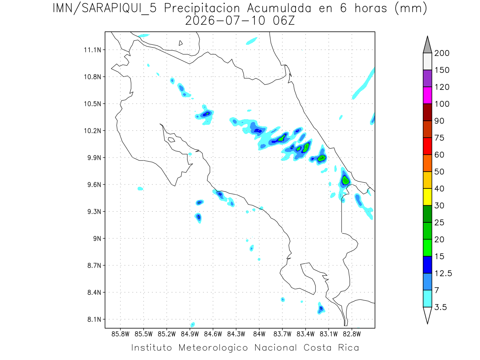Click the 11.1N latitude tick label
pyautogui.click(x=92, y=50)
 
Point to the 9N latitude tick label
pyautogui.click(x=97, y=238)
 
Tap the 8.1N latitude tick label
pyautogui.click(x=94, y=320)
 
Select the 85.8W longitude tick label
pyautogui.click(x=120, y=334)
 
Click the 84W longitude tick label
pyautogui.click(x=259, y=334)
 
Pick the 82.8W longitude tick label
pyautogui.click(x=352, y=334)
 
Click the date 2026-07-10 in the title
pyautogui.click(x=225, y=21)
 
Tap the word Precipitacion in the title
pyautogui.click(x=202, y=9)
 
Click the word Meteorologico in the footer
pyautogui.click(x=213, y=348)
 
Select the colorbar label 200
pyautogui.click(x=442, y=53)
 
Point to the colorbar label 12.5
pyautogui.click(x=443, y=274)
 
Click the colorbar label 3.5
pyautogui.click(x=440, y=307)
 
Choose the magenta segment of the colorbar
pyautogui.click(x=427, y=95)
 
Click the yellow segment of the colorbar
pyautogui.click(x=427, y=197)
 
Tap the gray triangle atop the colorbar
pyautogui.click(x=427, y=44)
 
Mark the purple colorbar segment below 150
pyautogui.click(x=427, y=78)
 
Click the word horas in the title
pyautogui.click(x=371, y=8)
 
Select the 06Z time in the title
pyautogui.click(x=284, y=21)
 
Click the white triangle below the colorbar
pyautogui.click(x=427, y=316)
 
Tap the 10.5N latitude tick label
pyautogui.click(x=92, y=104)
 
